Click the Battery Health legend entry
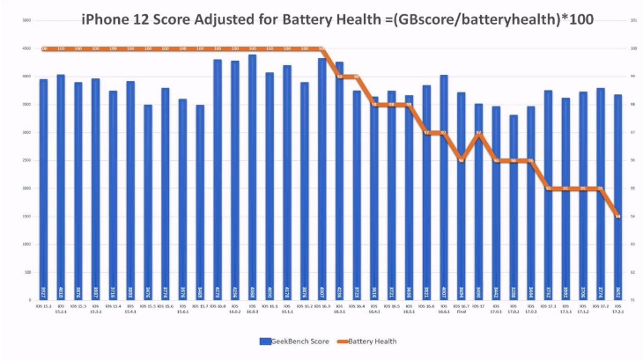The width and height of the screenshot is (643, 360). click(369, 340)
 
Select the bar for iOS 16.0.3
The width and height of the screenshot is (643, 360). click(252, 176)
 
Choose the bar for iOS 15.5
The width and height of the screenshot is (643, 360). click(148, 202)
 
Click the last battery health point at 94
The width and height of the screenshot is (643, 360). click(617, 216)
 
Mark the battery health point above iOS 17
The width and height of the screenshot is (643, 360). click(478, 133)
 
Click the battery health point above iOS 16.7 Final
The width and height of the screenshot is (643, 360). click(461, 160)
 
